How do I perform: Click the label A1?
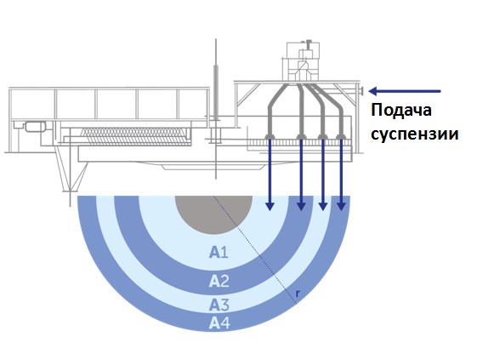pyautogui.click(x=219, y=253)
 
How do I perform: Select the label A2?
pyautogui.click(x=219, y=281)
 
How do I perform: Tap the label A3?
pyautogui.click(x=219, y=306)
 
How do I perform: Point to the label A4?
pyautogui.click(x=219, y=323)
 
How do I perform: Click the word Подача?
pyautogui.click(x=401, y=111)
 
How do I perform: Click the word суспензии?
pyautogui.click(x=415, y=134)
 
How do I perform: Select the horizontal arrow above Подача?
pyautogui.click(x=405, y=91)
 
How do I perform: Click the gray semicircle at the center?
pyautogui.click(x=214, y=214)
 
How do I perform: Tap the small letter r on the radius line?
pyautogui.click(x=298, y=294)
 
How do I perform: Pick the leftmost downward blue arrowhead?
pyautogui.click(x=270, y=207)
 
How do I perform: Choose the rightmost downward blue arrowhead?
pyautogui.click(x=341, y=207)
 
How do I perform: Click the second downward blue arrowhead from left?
pyautogui.click(x=301, y=207)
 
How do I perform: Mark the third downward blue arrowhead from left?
pyautogui.click(x=323, y=207)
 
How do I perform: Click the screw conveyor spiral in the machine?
pyautogui.click(x=135, y=136)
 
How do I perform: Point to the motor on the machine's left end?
pyautogui.click(x=35, y=127)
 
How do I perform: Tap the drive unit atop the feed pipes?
pyautogui.click(x=303, y=61)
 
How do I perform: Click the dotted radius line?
pyautogui.click(x=254, y=249)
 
